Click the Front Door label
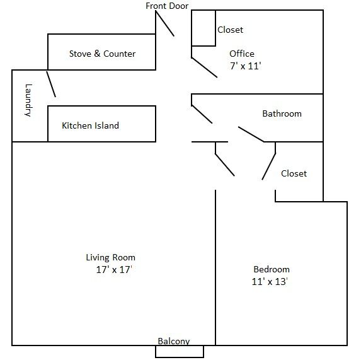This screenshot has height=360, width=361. point(167,6)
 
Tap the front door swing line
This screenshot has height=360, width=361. point(165,23)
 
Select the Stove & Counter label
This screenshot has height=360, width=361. point(102,54)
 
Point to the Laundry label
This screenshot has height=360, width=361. point(28,100)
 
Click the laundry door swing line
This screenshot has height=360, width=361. point(51,84)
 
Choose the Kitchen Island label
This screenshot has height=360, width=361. point(90,125)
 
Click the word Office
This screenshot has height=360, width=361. point(242,54)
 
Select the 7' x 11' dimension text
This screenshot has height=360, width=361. point(246,66)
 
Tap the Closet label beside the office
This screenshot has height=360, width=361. point(230,30)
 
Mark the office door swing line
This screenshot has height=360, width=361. point(204,67)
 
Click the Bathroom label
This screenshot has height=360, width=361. point(282,113)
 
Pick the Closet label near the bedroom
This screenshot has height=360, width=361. point(294,173)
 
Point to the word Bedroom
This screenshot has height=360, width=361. point(272,269)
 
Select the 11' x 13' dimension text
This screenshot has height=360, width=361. point(270,282)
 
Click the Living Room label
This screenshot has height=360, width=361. point(110,257)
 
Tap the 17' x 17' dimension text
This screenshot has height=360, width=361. point(114,269)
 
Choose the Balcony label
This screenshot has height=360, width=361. point(174,341)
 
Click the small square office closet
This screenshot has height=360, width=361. point(203,28)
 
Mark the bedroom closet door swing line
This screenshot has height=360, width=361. point(268,166)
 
